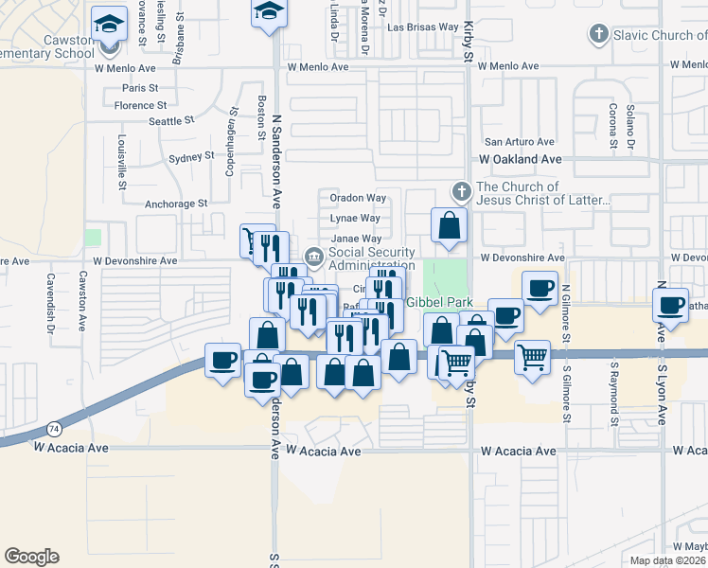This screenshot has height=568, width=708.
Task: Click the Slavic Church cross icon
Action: pos(598,35)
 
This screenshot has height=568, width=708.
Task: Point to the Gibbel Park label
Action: pos(438,302)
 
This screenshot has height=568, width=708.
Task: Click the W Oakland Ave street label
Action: pos(521,160)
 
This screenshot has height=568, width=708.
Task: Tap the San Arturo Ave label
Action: pos(519,141)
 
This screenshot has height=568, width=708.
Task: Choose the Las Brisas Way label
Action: pos(422,27)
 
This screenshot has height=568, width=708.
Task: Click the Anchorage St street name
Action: pos(176,204)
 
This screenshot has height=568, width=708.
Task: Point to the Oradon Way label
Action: pos(358,198)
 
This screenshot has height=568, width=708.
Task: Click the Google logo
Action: pos(31,556)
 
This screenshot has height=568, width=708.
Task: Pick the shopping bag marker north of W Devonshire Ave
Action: pos(449,226)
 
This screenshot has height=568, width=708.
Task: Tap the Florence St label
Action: pos(140,105)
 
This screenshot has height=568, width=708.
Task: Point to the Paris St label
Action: pos(139,87)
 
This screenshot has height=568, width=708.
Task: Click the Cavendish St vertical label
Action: pos(50,303)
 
